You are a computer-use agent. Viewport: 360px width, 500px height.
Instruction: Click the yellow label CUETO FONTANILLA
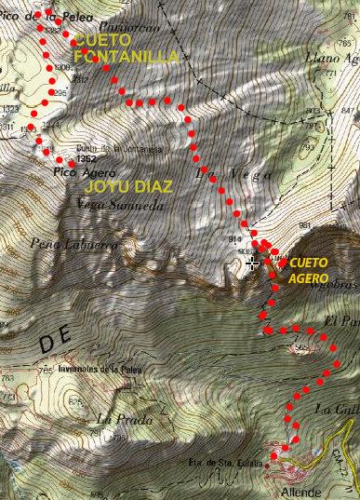(125, 48)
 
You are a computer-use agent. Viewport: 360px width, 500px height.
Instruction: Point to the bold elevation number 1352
(89, 159)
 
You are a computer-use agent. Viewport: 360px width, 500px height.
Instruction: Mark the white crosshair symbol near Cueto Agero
(252, 264)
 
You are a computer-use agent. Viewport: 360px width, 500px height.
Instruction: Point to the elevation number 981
(304, 225)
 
